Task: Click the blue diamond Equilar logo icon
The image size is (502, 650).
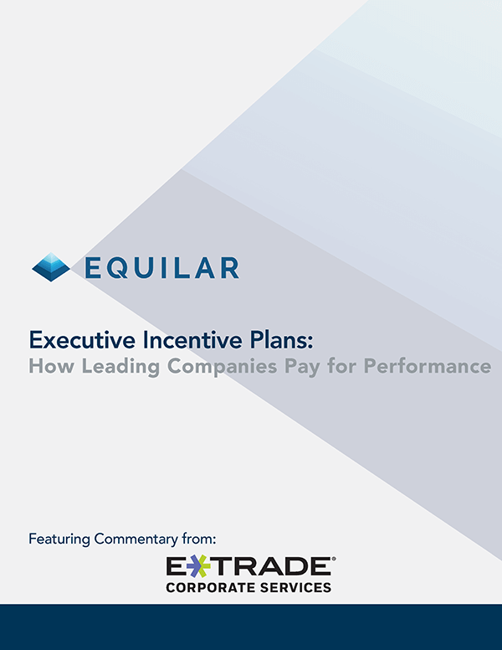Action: coord(51,267)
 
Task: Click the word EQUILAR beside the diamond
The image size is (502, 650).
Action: coord(162,268)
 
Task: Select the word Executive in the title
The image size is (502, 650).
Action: coord(82,340)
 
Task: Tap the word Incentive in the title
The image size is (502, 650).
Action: coord(192,340)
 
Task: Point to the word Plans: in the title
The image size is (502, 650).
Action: coord(282,340)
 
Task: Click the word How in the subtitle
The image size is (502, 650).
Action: coord(51,366)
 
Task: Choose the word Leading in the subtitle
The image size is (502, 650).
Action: coord(120,367)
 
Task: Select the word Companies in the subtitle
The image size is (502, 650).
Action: coord(222,367)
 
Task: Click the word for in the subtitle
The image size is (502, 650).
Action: coord(341,366)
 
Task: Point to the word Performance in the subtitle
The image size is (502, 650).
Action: coord(428,366)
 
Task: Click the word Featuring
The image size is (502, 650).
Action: coord(59,539)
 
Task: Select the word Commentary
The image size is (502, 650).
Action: coord(136,539)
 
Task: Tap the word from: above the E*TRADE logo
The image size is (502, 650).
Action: coord(199,539)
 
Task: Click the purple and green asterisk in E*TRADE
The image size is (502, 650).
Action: coord(197,567)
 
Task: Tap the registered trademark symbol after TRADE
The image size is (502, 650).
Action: coord(334,560)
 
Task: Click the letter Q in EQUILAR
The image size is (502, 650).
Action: coord(118,268)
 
